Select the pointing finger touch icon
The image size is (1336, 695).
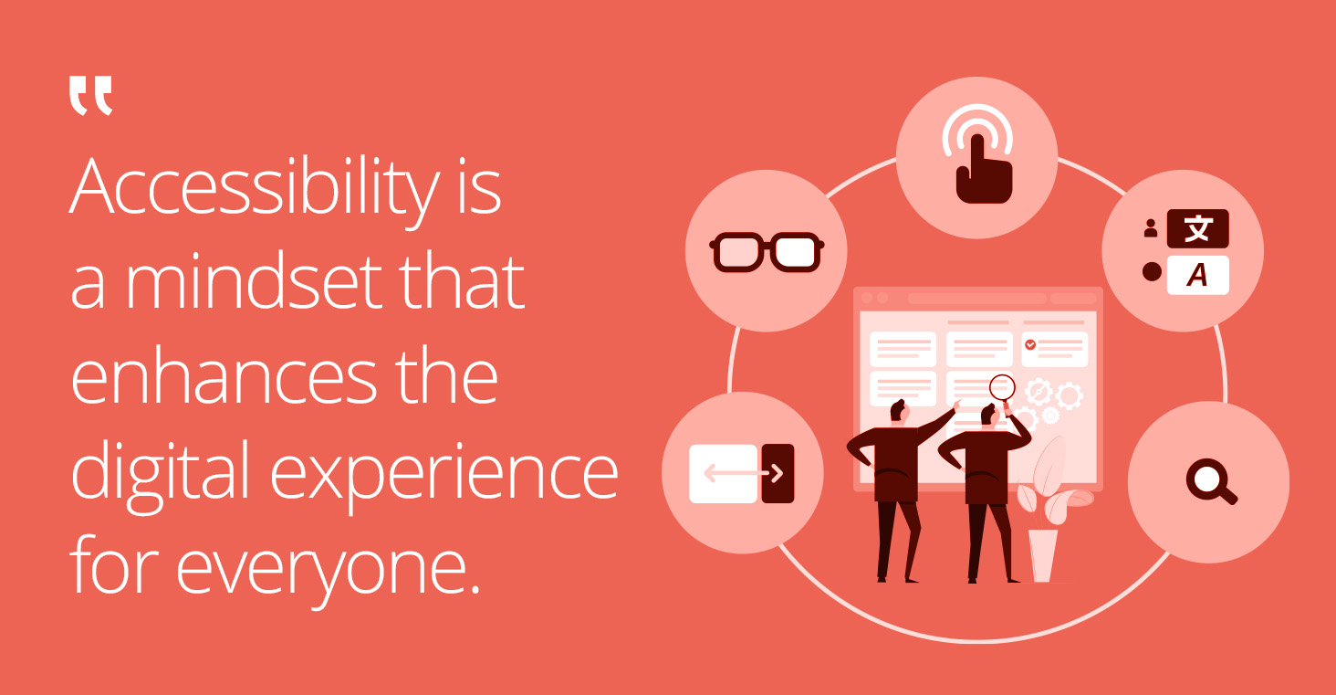[977, 161]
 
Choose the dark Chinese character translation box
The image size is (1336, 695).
[1197, 228]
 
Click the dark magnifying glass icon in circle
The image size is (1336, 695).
[1210, 481]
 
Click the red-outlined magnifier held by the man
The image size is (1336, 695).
[1002, 386]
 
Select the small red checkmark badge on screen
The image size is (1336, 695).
[1030, 344]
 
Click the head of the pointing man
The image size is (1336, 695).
[899, 411]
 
